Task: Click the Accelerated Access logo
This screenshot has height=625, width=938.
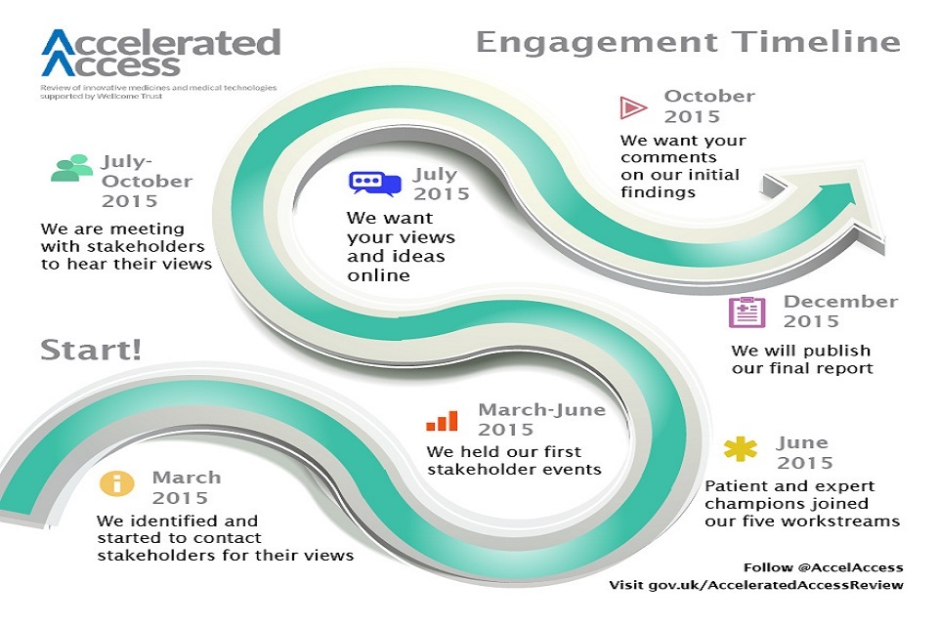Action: (x=161, y=53)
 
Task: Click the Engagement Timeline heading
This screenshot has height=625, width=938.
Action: (x=688, y=42)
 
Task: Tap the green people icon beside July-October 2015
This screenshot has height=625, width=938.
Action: (x=71, y=168)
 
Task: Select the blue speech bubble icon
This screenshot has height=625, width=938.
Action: (x=375, y=183)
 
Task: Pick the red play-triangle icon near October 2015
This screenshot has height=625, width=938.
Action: (x=633, y=106)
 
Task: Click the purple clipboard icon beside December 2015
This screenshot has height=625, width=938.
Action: (x=746, y=312)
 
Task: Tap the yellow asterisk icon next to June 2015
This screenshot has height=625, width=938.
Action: (x=740, y=451)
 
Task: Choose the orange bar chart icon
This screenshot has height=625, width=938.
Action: (x=442, y=420)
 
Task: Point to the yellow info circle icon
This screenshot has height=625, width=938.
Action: (x=118, y=482)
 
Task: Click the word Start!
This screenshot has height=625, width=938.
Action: (x=91, y=350)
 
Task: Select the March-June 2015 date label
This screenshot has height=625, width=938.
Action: (x=540, y=419)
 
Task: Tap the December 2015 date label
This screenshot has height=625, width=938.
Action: (x=839, y=311)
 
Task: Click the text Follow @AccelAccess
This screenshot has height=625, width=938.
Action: (x=823, y=566)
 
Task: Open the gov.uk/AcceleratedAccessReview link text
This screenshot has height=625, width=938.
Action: (x=755, y=585)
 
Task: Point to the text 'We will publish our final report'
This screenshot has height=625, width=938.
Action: (x=801, y=358)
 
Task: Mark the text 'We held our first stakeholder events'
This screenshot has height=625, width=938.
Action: (x=514, y=460)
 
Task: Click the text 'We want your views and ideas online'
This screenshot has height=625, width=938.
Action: (x=401, y=247)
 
